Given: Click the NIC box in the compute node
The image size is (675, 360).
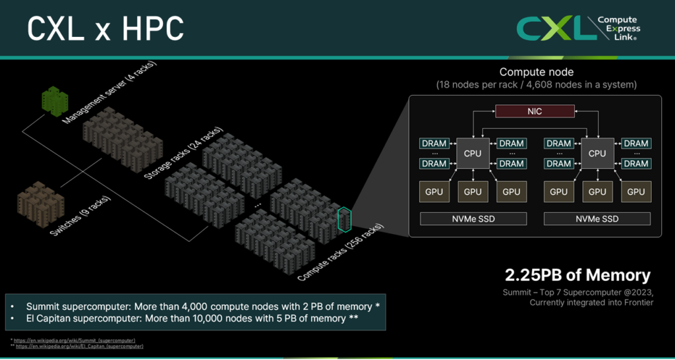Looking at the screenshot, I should (x=535, y=111).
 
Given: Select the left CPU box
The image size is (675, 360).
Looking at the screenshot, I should (x=473, y=154).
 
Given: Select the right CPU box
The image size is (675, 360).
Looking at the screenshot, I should (x=597, y=154).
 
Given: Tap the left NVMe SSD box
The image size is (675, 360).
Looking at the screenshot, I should (x=473, y=219).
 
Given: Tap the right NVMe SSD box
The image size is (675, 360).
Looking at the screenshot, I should (x=597, y=219).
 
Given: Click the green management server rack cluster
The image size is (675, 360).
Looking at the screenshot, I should (x=55, y=101).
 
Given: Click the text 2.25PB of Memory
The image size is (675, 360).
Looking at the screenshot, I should (x=577, y=275).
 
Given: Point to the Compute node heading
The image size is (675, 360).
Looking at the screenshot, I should (x=536, y=72).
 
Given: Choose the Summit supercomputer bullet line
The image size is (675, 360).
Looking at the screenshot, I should (x=203, y=307).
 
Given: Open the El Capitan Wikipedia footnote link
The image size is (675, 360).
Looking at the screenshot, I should (x=83, y=345).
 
